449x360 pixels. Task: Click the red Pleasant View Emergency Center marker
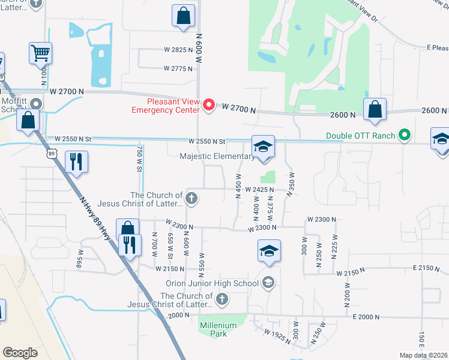pyautogui.click(x=209, y=106)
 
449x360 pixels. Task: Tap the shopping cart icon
pyautogui.click(x=40, y=53)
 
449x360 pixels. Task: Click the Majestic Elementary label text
pyautogui.click(x=217, y=157)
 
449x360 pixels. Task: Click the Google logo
pyautogui.click(x=20, y=353)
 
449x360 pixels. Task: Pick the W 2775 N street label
pyautogui.click(x=178, y=68)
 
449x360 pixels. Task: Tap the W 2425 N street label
pyautogui.click(x=259, y=190)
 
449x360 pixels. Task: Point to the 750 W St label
pyautogui.click(x=139, y=158)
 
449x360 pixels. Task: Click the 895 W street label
pyautogui.click(x=79, y=259)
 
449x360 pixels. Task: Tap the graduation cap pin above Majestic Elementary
pyautogui.click(x=262, y=147)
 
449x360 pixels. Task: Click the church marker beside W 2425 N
pyautogui.click(x=191, y=198)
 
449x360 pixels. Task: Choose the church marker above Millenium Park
pyautogui.click(x=222, y=299)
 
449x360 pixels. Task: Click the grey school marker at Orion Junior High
pyautogui.click(x=268, y=283)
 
